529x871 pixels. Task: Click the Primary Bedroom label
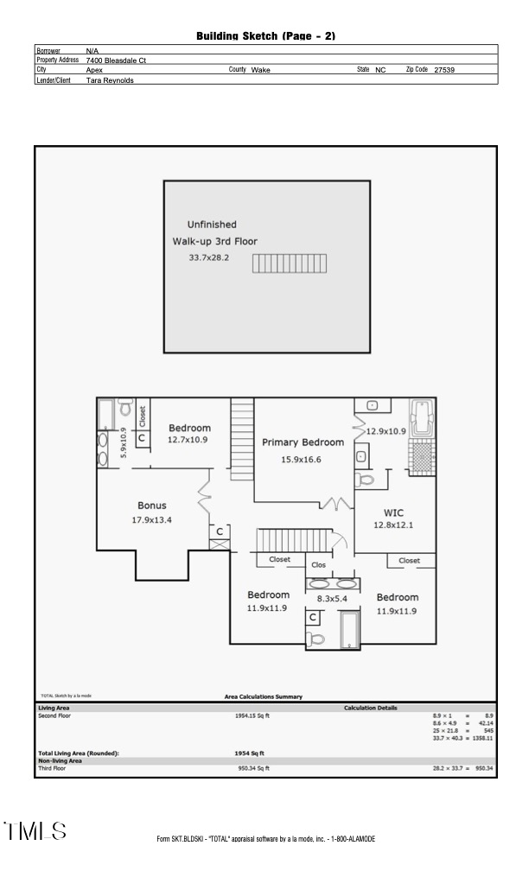[303, 442]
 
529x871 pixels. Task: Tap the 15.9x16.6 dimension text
[301, 460]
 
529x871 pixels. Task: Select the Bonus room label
[152, 505]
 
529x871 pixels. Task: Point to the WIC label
[394, 512]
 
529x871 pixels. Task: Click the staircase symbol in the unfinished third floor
[290, 263]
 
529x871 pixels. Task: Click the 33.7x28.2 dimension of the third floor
[209, 258]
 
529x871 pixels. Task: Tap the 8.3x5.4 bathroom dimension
[331, 598]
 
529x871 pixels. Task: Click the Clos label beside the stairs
[319, 565]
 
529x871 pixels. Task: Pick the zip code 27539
[444, 70]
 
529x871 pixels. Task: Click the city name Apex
[94, 70]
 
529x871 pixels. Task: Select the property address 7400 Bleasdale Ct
[116, 60]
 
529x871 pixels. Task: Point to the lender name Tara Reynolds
[110, 79]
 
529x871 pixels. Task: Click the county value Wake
[260, 70]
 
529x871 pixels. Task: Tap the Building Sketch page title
[265, 35]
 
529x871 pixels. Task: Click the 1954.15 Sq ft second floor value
[253, 715]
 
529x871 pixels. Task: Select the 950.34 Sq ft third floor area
[253, 767]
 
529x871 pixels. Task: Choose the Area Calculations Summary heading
[264, 696]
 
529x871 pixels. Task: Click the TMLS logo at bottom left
[35, 831]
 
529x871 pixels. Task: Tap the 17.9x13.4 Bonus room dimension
[152, 520]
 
